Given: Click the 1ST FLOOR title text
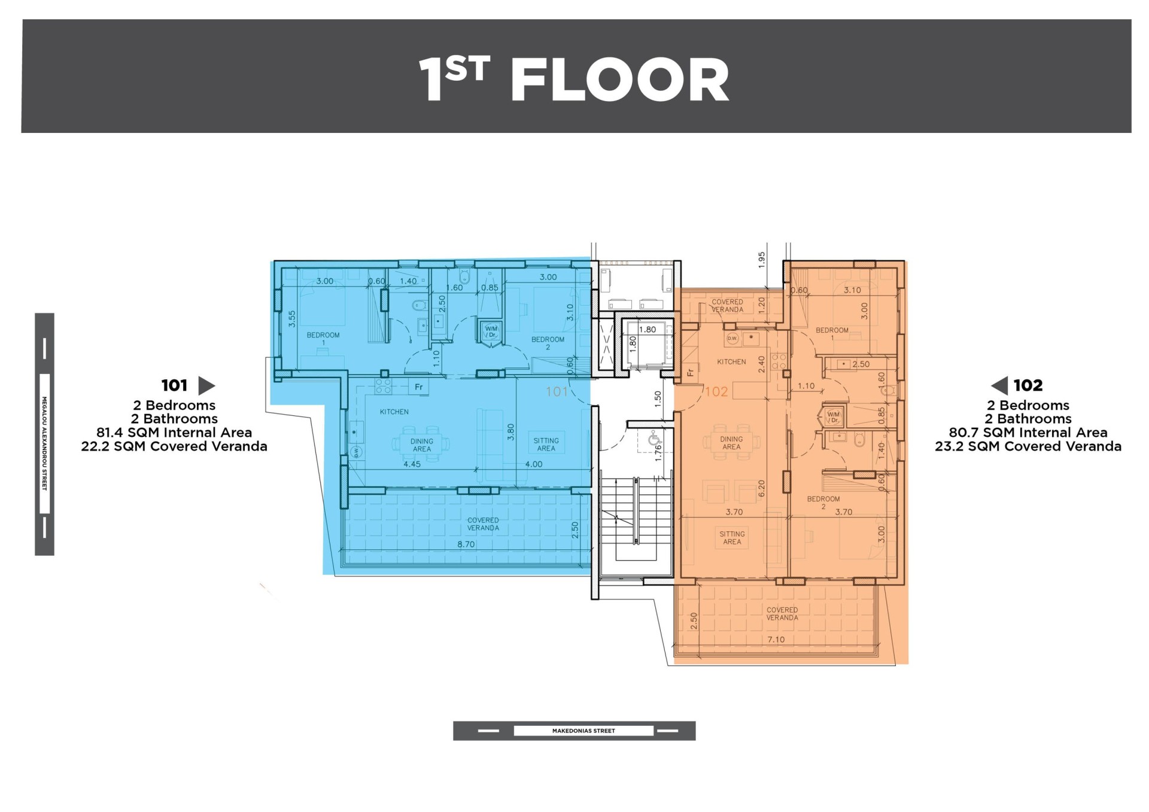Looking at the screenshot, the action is [574, 80].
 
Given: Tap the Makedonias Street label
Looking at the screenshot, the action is [583, 731].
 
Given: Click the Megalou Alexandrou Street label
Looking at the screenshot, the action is [44, 443].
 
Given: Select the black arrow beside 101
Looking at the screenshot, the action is [206, 385].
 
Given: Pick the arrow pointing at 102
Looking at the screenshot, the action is [999, 385].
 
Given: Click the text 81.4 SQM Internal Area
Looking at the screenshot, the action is [174, 433].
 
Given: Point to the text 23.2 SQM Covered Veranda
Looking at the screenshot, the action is [1028, 446].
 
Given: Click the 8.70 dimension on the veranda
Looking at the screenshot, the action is [466, 545].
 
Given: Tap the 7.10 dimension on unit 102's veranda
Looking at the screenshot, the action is [776, 640].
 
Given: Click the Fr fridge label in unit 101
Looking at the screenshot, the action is [419, 387].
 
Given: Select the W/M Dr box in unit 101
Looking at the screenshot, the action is [491, 333].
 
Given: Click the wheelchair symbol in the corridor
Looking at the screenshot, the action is [654, 440].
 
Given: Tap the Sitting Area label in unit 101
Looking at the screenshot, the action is [546, 445].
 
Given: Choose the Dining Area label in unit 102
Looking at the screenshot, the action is [731, 443].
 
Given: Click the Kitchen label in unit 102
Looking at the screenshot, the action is [731, 362].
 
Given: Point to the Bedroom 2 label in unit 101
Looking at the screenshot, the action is [548, 343].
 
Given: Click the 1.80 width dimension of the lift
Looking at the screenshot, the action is [648, 329].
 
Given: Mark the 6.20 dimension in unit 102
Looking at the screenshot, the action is [762, 489].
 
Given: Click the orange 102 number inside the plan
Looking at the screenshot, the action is [716, 392].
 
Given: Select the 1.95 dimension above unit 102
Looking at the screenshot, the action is [762, 260].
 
